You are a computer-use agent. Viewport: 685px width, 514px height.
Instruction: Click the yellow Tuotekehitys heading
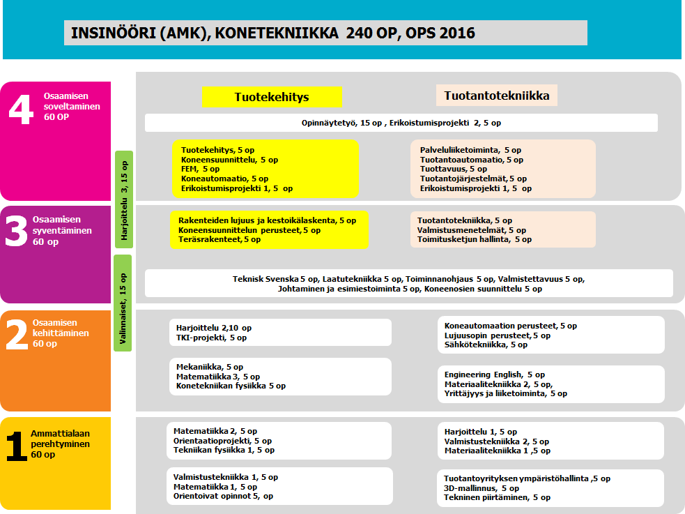click(272, 97)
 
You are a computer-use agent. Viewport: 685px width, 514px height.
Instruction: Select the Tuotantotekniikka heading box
click(497, 96)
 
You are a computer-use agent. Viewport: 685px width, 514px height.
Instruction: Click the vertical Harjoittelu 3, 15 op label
click(124, 198)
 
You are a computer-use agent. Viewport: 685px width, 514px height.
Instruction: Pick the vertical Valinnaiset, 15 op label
click(123, 303)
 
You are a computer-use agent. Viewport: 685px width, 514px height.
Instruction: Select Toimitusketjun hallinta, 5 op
click(474, 239)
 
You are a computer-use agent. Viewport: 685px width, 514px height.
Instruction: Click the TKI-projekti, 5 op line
click(211, 338)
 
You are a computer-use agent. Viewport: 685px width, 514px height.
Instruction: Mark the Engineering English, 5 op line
click(495, 375)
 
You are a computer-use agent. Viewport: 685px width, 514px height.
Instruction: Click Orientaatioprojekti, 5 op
click(222, 441)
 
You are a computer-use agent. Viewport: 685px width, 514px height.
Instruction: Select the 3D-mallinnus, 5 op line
click(482, 488)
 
